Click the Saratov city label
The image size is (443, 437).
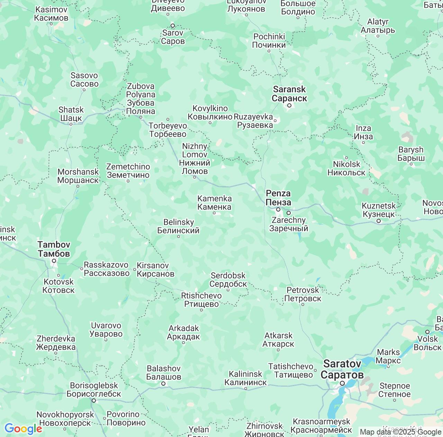pos(342,369)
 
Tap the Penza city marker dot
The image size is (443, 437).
pos(278,209)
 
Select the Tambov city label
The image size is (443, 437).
pos(54,249)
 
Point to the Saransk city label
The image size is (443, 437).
pos(289,94)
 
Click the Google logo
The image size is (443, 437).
pos(23,429)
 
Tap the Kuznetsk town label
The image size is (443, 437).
pos(379,210)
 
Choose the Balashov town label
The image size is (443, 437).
pos(163,372)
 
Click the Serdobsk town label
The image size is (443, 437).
pos(228,280)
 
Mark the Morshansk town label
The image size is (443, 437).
pos(78,176)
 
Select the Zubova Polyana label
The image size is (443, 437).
pos(141,98)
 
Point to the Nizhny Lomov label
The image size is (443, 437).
pos(195,158)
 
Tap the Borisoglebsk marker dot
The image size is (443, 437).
pos(93,401)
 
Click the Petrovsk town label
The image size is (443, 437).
pos(302,294)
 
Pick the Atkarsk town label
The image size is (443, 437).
pos(278,340)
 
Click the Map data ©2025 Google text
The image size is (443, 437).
pos(400,432)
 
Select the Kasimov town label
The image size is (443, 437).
pos(51,14)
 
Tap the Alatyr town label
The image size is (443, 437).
pos(378,26)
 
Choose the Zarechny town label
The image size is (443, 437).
pos(289,224)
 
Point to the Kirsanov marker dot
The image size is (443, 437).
pos(135,269)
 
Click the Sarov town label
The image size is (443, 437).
pos(173,37)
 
